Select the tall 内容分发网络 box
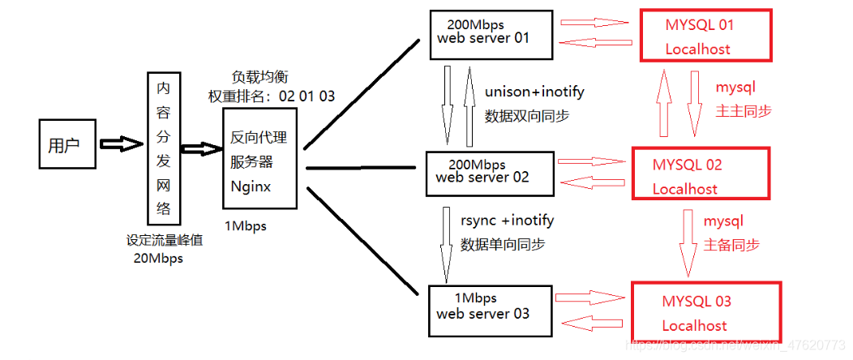click(163, 148)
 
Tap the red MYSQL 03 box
click(705, 312)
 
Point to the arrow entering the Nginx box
click(201, 149)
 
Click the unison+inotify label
click(534, 92)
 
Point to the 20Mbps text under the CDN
click(157, 259)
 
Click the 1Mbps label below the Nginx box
click(246, 226)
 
